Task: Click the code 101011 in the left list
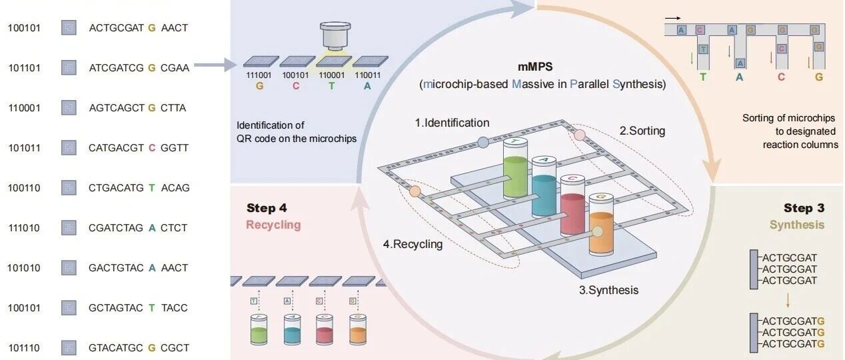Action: click(x=24, y=148)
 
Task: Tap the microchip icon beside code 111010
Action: click(x=68, y=228)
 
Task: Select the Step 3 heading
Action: click(x=804, y=208)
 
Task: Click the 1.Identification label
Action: click(x=452, y=123)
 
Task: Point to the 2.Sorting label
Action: click(x=642, y=131)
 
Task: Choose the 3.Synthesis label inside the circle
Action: click(x=608, y=290)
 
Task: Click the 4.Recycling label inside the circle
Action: click(x=413, y=244)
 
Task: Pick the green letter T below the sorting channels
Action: click(x=703, y=77)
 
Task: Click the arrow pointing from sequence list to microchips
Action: click(x=217, y=65)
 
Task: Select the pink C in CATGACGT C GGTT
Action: click(x=152, y=148)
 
